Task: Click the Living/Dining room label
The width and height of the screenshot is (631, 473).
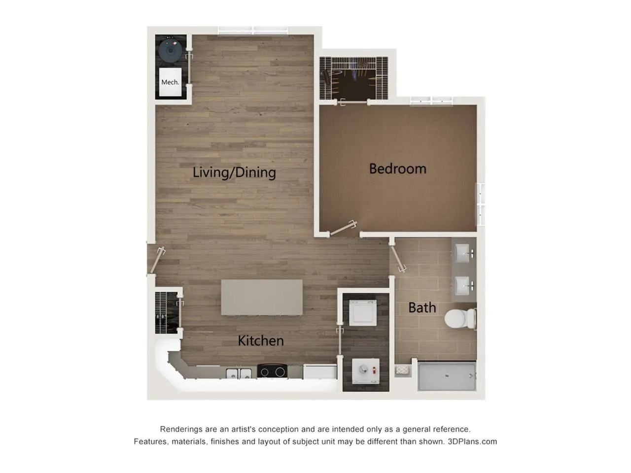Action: [234, 172]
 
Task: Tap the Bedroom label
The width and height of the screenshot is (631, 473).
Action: [397, 169]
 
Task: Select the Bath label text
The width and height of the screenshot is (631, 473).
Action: [422, 307]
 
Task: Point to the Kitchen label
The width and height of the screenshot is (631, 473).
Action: [260, 340]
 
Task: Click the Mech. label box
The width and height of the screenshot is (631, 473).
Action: [170, 82]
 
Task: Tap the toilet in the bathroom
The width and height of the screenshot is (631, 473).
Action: [459, 318]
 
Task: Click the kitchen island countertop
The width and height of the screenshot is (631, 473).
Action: [262, 297]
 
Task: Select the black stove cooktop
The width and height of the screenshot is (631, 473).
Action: [272, 372]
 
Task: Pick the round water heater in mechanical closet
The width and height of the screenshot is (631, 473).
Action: [171, 49]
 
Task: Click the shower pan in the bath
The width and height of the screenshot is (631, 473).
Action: [447, 377]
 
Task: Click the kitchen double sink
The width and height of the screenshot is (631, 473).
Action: [238, 373]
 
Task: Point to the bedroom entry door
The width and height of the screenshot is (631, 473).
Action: [343, 228]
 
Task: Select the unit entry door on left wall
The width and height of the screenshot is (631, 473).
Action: [157, 260]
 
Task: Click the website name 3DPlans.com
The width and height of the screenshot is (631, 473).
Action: [472, 441]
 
